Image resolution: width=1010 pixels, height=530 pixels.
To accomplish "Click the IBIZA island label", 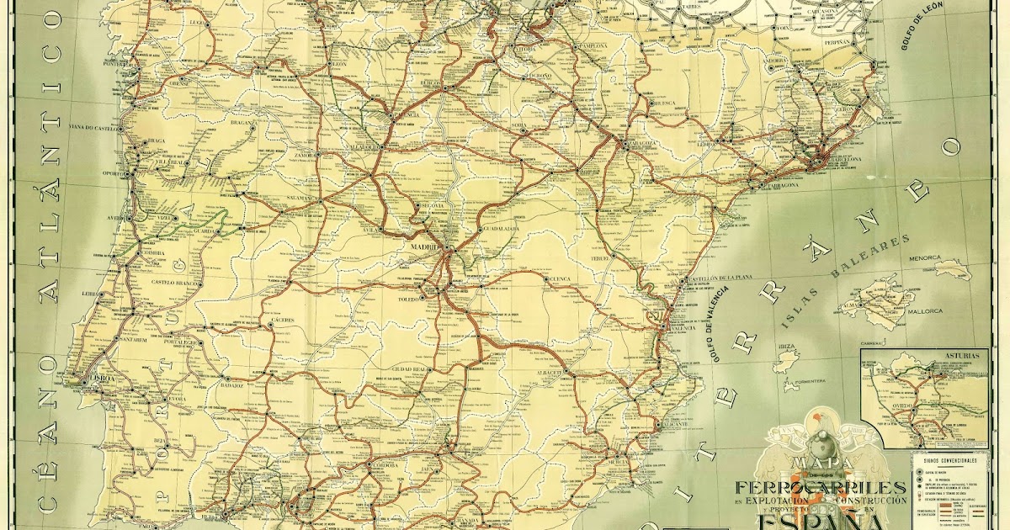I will click(x=788, y=347).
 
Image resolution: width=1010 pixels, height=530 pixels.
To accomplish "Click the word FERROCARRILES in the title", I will click(x=821, y=486).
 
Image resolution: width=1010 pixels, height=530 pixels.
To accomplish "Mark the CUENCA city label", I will click(x=560, y=278).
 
